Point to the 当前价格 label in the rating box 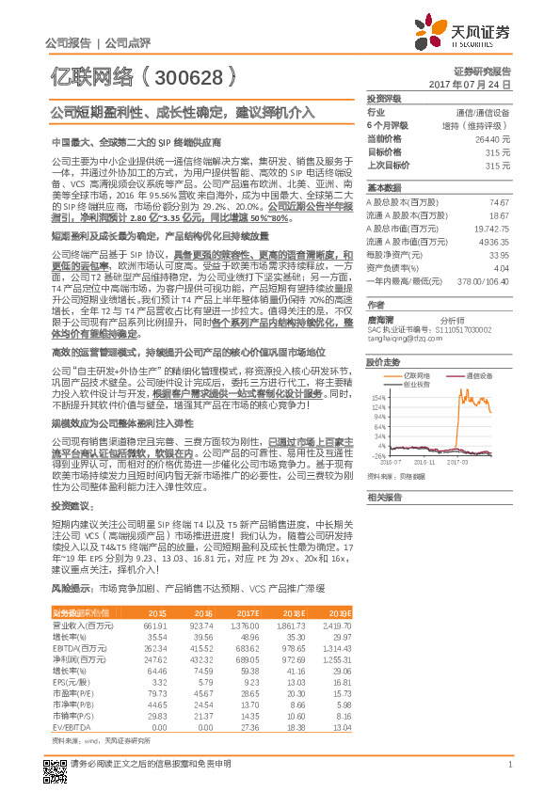pyautogui.click(x=383, y=138)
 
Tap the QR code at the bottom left pyautogui.click(x=56, y=767)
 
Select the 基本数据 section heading pyautogui.click(x=384, y=186)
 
